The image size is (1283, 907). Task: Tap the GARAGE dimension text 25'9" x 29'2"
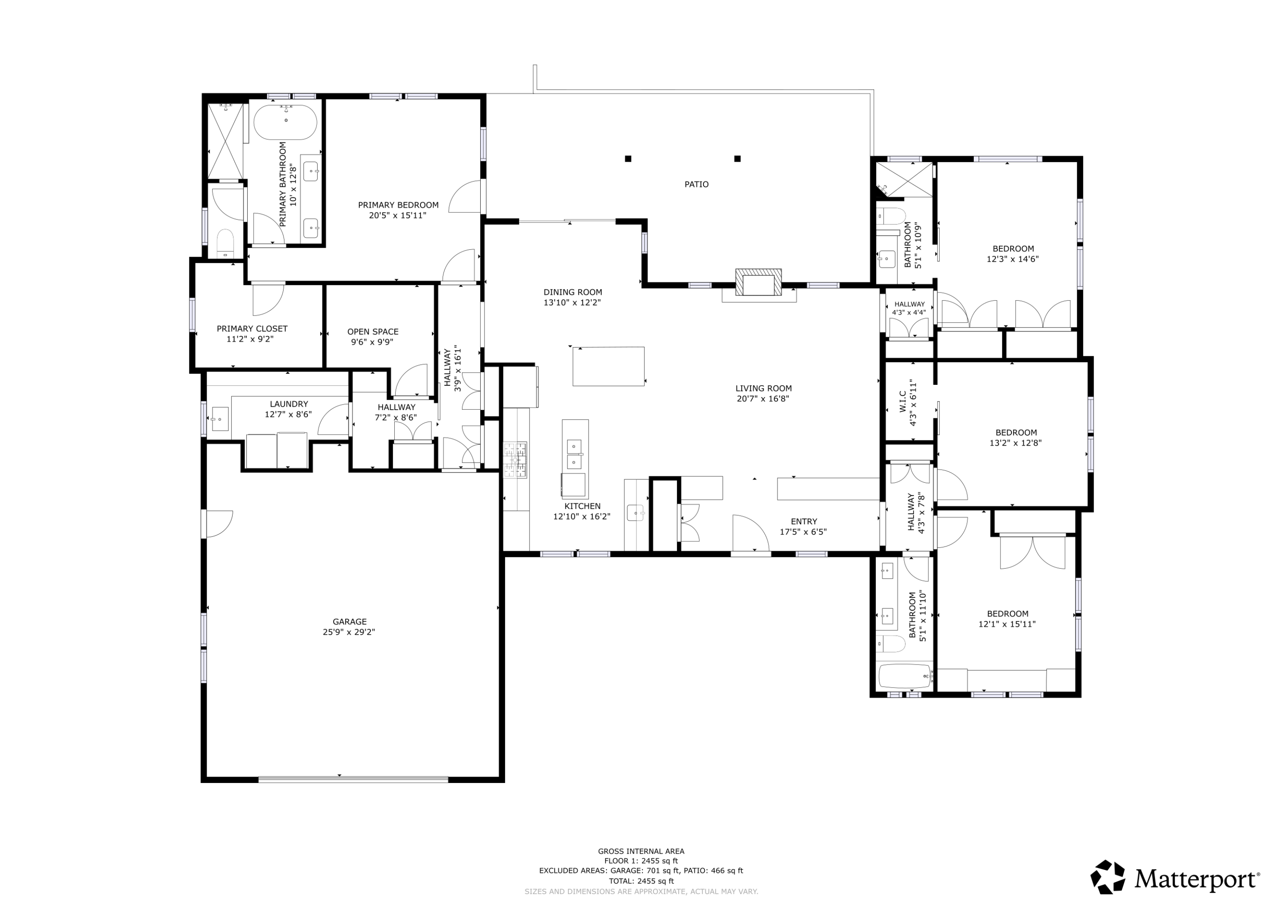click(x=349, y=632)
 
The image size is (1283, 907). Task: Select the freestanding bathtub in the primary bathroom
click(x=286, y=122)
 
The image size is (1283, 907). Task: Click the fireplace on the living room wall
click(x=758, y=282)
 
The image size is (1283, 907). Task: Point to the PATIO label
click(x=696, y=184)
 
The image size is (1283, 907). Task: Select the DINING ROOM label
click(x=573, y=292)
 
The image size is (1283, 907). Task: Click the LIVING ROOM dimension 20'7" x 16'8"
click(x=763, y=399)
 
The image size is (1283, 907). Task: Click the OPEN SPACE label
click(x=373, y=331)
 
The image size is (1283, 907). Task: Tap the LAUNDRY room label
click(x=289, y=404)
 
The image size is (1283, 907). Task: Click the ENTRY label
click(x=804, y=521)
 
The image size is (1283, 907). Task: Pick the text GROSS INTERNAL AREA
click(x=641, y=852)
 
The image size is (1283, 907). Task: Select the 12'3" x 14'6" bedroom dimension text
click(x=1013, y=259)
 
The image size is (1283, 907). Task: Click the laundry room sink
click(x=220, y=419)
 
